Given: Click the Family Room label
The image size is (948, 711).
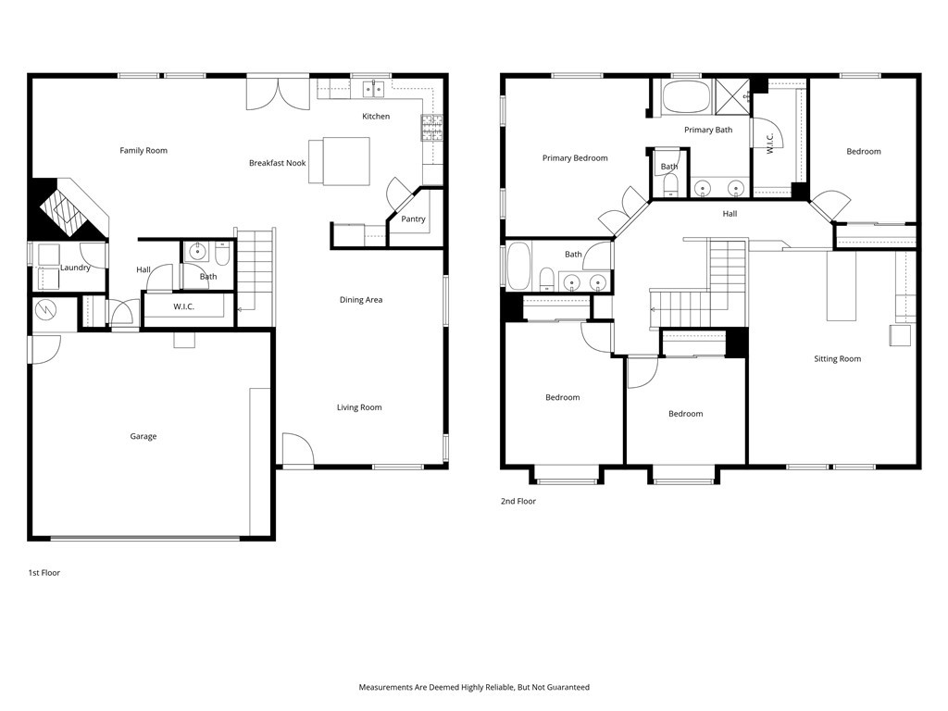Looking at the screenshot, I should [x=143, y=150].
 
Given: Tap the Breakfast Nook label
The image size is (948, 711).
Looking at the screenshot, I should [x=277, y=163].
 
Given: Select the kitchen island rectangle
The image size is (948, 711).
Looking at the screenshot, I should [x=339, y=160].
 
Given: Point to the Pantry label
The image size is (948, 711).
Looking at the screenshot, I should [x=413, y=219].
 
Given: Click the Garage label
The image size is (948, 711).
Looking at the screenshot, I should [x=143, y=436].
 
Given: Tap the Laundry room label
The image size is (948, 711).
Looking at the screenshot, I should [x=75, y=268].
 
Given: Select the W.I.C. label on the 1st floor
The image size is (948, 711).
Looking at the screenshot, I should [x=183, y=306].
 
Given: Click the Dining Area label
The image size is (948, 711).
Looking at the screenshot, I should [x=361, y=300].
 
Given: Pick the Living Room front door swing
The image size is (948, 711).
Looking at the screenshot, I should [x=297, y=450].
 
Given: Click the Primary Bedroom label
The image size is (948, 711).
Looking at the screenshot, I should [x=575, y=158].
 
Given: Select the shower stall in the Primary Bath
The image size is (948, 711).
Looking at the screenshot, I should [x=732, y=96].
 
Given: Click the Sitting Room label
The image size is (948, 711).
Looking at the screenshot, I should [x=837, y=359].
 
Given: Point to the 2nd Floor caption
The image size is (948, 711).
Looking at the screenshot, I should [x=518, y=501].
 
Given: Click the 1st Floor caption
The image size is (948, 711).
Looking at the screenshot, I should [x=44, y=573].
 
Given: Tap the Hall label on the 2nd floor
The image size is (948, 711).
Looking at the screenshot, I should [x=730, y=214].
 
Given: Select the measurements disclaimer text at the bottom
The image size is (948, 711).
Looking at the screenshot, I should [x=474, y=687].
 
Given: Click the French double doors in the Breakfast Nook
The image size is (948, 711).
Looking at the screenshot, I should [x=278, y=94].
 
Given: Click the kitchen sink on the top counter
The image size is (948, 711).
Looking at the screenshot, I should [x=374, y=89].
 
